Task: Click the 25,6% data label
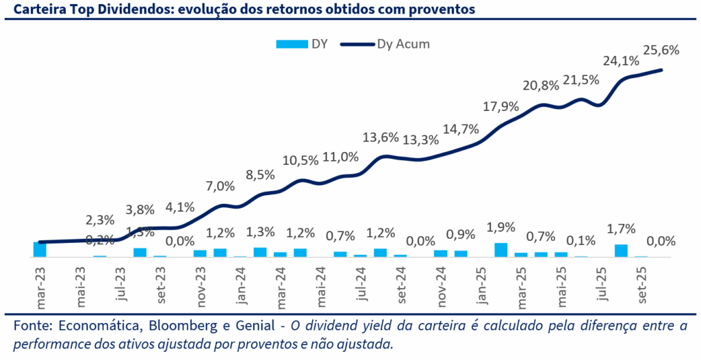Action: pos(660,49)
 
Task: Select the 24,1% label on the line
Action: pos(620,61)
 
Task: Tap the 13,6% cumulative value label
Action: pos(381,137)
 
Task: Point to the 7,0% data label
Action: pos(220,185)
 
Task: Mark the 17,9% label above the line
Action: pos(501,107)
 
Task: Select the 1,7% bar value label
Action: pos(621,229)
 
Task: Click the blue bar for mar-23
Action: pos(40,249)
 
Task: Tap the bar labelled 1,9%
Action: pos(501,250)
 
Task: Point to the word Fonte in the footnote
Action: pos(32,326)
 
